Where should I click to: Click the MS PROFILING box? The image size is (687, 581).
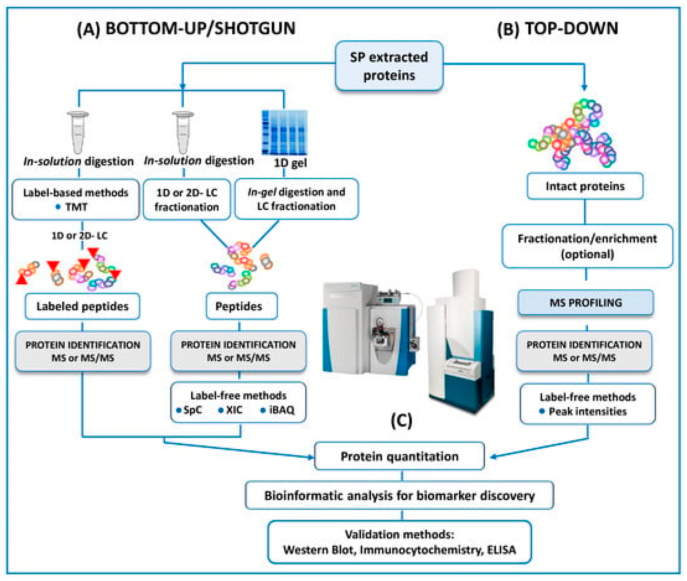pyautogui.click(x=586, y=302)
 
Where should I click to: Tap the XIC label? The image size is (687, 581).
pyautogui.click(x=234, y=410)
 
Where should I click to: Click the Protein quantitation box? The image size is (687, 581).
pyautogui.click(x=399, y=456)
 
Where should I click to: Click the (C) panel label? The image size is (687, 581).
pyautogui.click(x=401, y=421)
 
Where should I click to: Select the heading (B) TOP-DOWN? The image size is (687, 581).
pyautogui.click(x=557, y=29)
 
